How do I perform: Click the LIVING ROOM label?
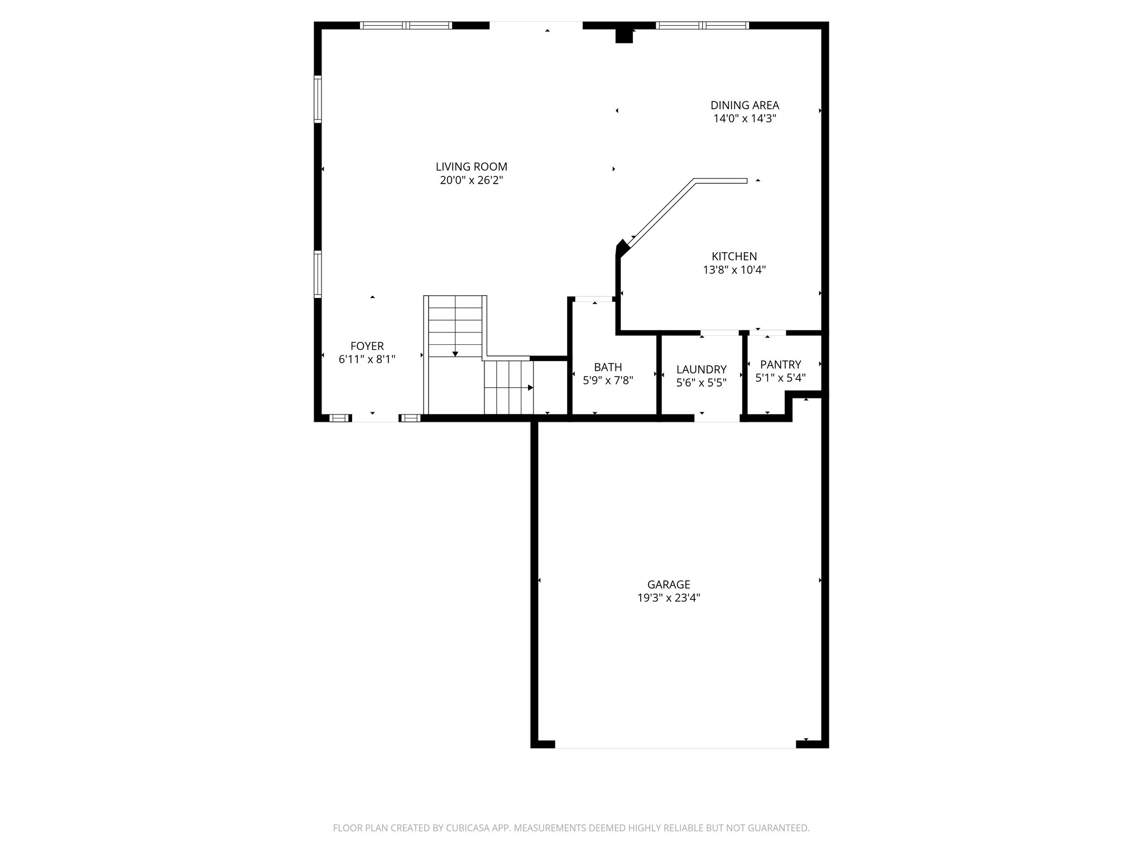[x=471, y=166]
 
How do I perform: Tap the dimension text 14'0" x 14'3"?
[x=745, y=118]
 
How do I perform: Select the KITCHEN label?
[x=734, y=256]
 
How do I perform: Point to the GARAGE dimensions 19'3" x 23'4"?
[x=669, y=598]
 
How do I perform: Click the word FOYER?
[x=367, y=346]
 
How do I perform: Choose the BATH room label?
[x=608, y=367]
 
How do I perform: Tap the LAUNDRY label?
[x=701, y=369]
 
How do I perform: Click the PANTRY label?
[x=780, y=364]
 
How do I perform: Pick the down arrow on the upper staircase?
[x=455, y=354]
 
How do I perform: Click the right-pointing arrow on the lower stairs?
[x=530, y=388]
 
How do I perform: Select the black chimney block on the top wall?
[x=624, y=36]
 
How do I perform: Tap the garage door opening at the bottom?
[x=675, y=744]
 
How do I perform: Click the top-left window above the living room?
[x=406, y=25]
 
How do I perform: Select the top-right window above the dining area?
[x=702, y=25]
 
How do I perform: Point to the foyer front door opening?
[x=374, y=418]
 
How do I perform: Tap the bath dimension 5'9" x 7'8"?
[x=608, y=381]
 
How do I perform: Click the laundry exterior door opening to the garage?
[x=717, y=418]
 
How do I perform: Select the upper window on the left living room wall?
[x=318, y=99]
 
